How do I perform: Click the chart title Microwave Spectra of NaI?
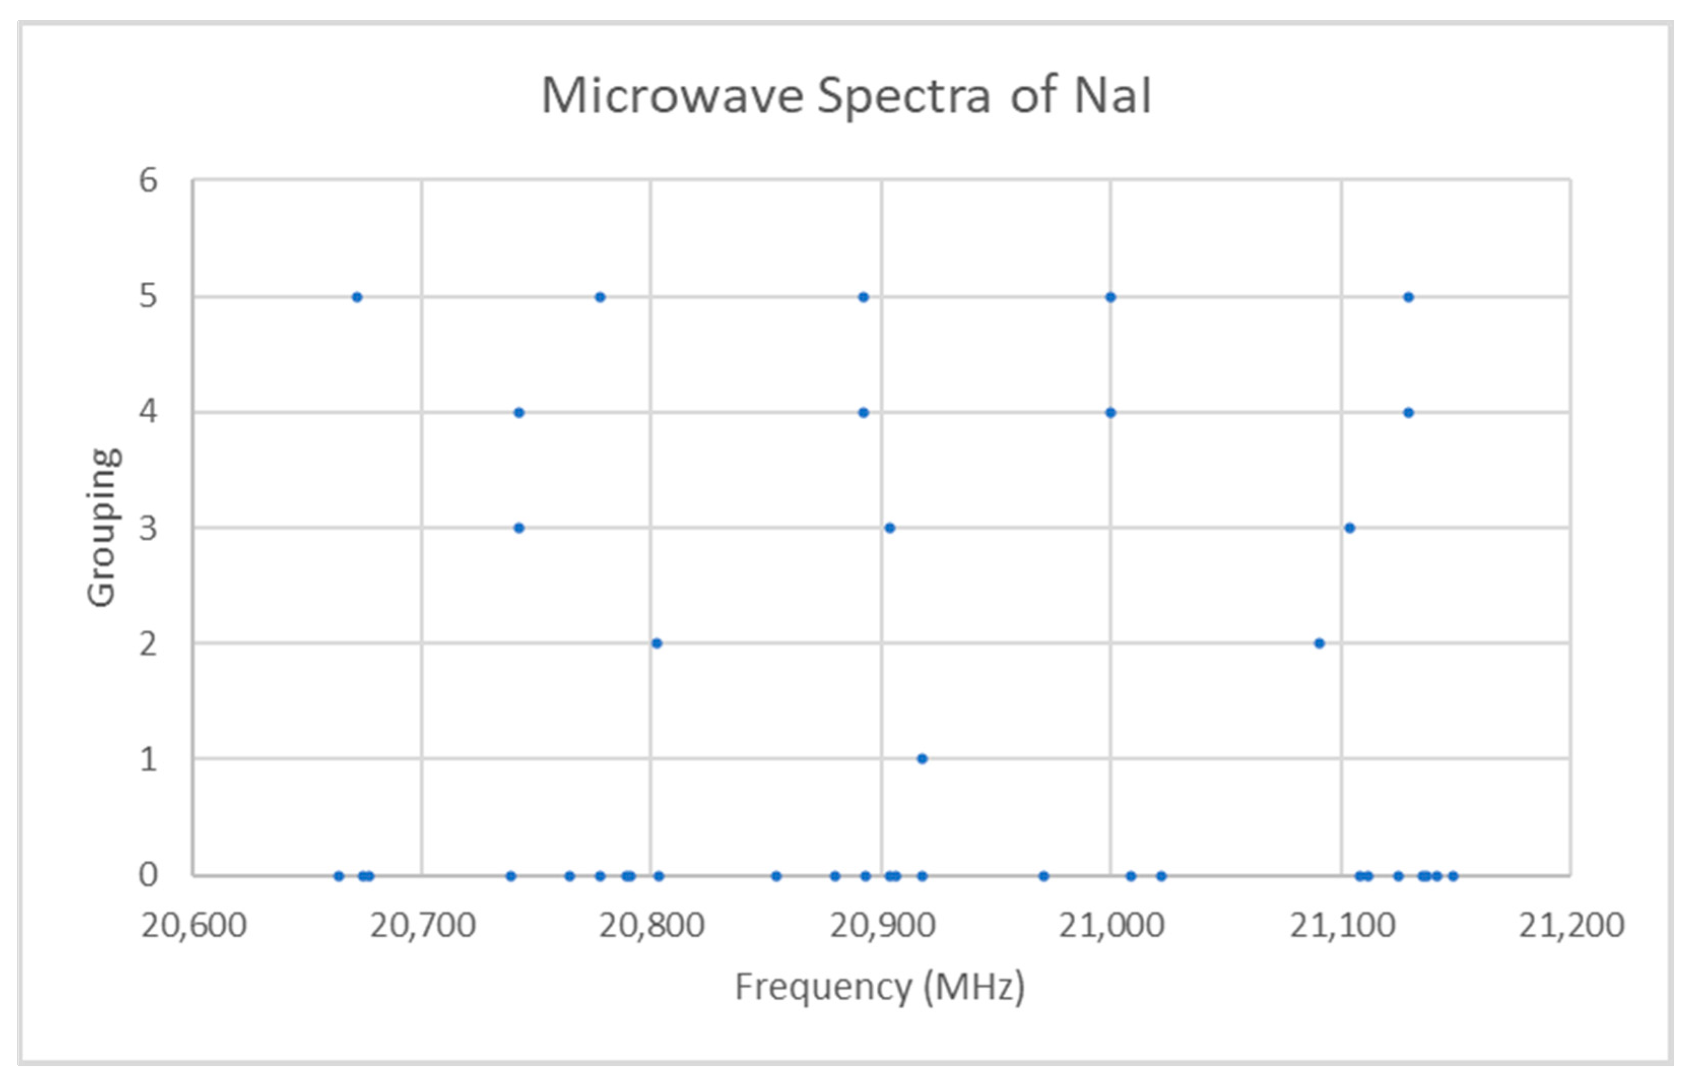pos(846,95)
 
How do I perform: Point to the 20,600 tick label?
pos(194,925)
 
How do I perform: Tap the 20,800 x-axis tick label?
pos(651,925)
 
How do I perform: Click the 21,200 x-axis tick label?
pos(1571,925)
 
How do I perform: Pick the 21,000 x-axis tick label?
pos(1111,925)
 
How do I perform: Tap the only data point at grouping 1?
pos(922,759)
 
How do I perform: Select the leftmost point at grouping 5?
pos(356,297)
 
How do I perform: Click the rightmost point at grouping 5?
pos(1408,297)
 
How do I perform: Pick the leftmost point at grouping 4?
pos(519,413)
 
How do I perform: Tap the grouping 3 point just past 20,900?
pos(889,528)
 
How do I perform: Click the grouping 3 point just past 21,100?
pos(1349,528)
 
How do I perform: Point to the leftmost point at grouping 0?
pos(339,875)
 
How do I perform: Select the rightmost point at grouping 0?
pos(1453,875)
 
